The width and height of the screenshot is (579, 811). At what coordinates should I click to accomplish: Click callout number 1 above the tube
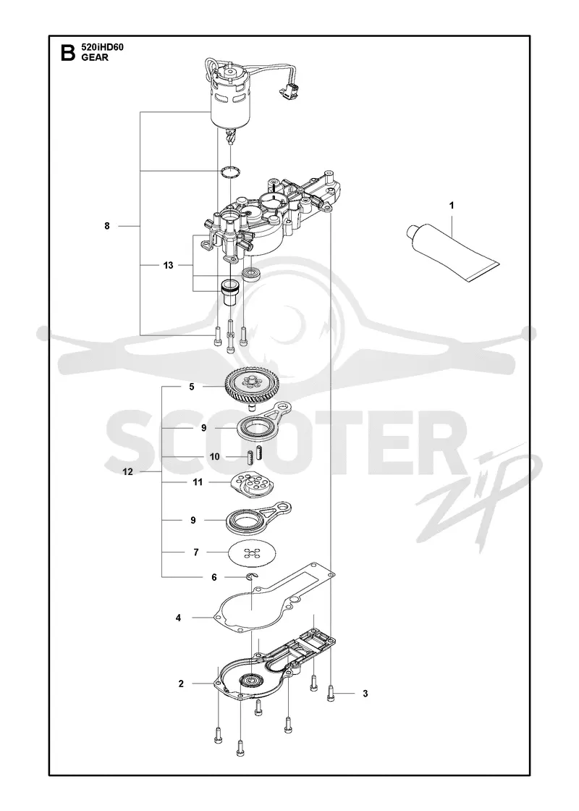pyautogui.click(x=452, y=206)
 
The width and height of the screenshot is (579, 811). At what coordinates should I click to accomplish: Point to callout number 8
pyautogui.click(x=107, y=226)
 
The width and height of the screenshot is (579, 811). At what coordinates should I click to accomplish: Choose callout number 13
pyautogui.click(x=168, y=265)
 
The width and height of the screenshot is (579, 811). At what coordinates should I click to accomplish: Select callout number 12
pyautogui.click(x=127, y=471)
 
